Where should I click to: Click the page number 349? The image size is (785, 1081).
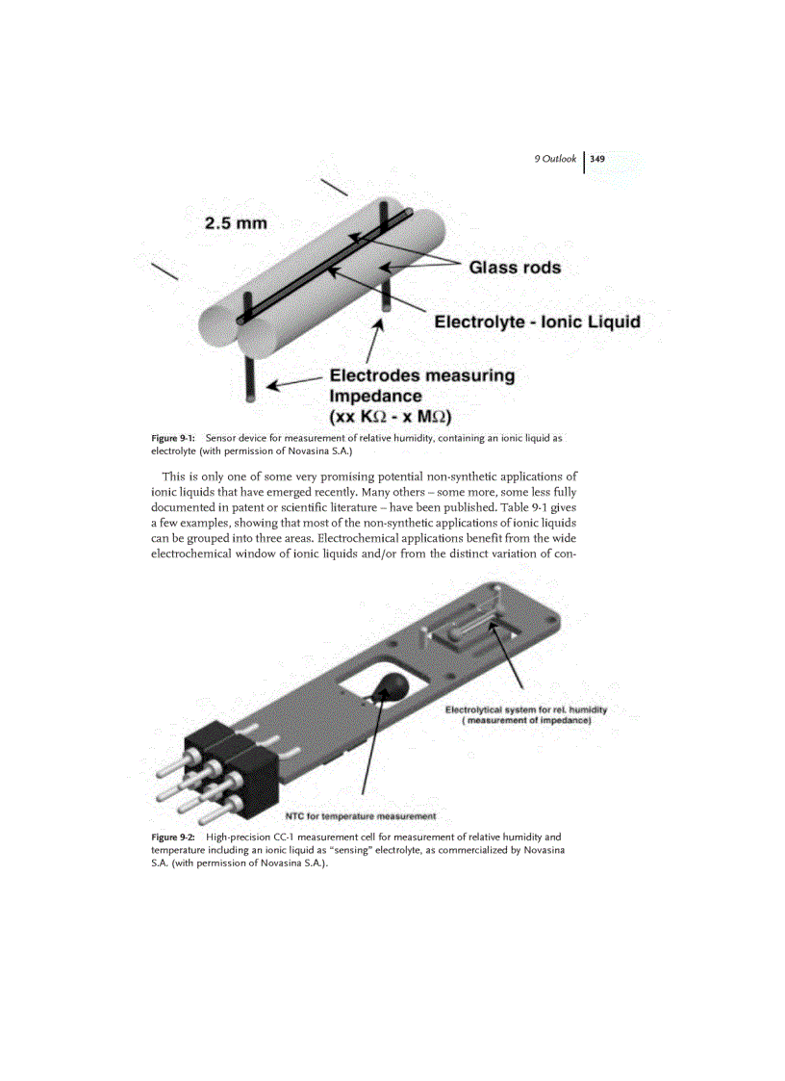(597, 159)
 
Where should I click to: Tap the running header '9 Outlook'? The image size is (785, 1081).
(556, 159)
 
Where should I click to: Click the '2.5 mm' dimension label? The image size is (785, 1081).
(236, 223)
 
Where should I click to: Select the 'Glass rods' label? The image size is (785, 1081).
(515, 267)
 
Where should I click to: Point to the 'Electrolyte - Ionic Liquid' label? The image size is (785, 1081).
(537, 321)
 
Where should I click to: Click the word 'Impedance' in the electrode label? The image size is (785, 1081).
(375, 396)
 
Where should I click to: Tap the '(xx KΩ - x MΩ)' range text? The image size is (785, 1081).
(391, 417)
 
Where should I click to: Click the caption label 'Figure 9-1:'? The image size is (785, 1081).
(174, 438)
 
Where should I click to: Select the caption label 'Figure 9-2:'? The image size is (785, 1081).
(174, 836)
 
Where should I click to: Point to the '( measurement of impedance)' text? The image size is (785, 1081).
(526, 720)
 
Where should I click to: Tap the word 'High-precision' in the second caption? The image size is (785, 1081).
(239, 836)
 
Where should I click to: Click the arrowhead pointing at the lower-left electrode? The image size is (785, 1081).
(272, 387)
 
